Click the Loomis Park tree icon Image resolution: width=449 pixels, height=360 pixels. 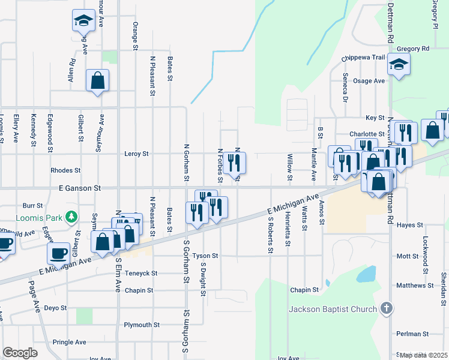pyautogui.click(x=71, y=216)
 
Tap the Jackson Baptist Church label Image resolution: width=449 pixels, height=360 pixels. pyautogui.click(x=333, y=310)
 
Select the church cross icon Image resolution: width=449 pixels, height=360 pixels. pyautogui.click(x=387, y=310)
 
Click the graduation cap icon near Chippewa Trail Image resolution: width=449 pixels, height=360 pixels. pyautogui.click(x=399, y=65)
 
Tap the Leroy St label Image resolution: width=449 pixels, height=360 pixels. pyautogui.click(x=136, y=154)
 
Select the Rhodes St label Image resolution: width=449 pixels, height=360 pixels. pyautogui.click(x=65, y=170)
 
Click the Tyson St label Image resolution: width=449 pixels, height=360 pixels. pyautogui.click(x=205, y=256)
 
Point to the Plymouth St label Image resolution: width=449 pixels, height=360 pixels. pyautogui.click(x=142, y=325)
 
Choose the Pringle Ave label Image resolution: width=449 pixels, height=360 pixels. pyautogui.click(x=70, y=342)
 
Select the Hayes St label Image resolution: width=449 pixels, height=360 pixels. pyautogui.click(x=410, y=225)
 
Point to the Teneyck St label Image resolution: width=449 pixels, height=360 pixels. pyautogui.click(x=142, y=273)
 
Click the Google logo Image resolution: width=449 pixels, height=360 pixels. pyautogui.click(x=20, y=353)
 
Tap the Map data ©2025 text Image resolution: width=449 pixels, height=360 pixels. pyautogui.click(x=423, y=355)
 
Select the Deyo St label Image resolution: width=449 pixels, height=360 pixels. pyautogui.click(x=56, y=308)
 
